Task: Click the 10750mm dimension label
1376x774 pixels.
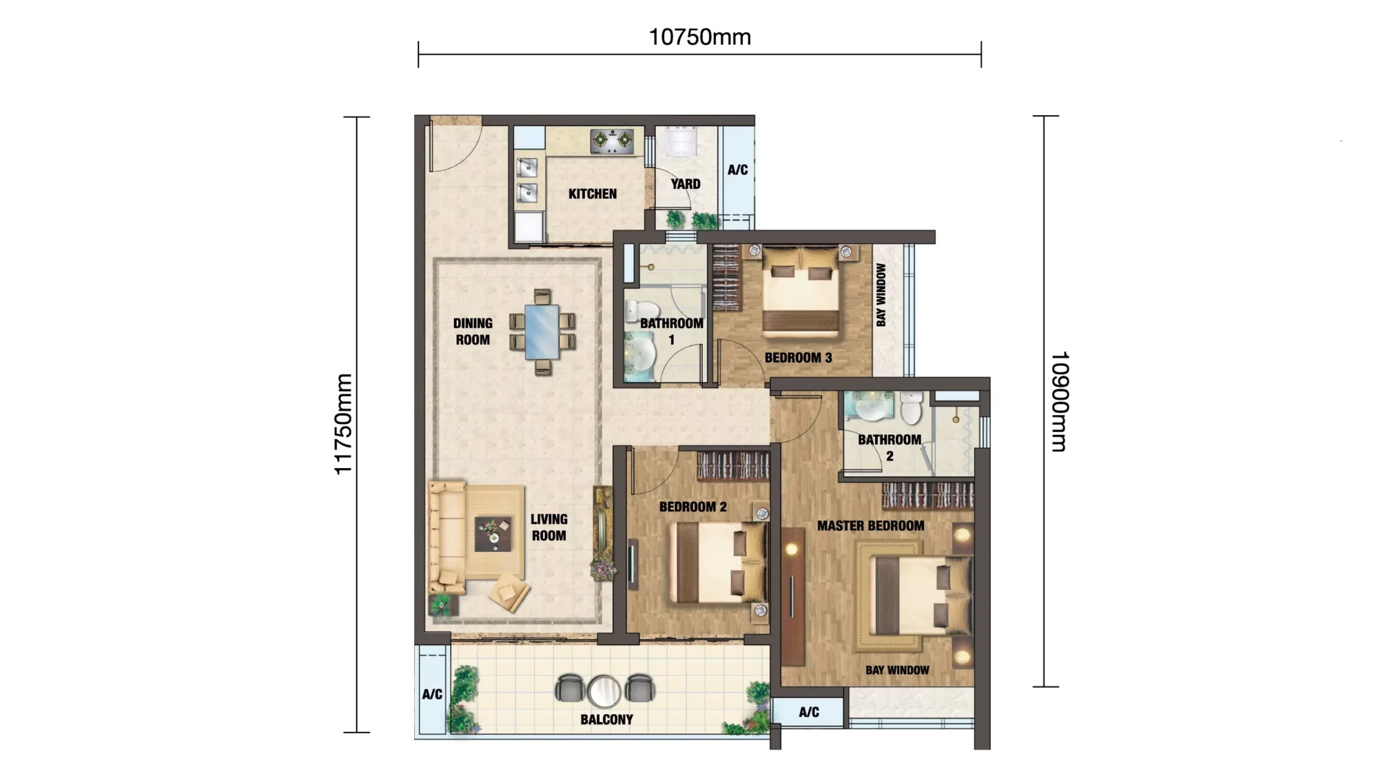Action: point(699,37)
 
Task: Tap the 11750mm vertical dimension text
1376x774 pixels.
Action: point(343,424)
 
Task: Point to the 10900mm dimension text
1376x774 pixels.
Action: point(1059,402)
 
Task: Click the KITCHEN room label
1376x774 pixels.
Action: point(593,194)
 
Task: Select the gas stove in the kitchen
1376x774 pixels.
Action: point(612,141)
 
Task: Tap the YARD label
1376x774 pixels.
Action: point(686,184)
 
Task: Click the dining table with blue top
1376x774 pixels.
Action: point(542,332)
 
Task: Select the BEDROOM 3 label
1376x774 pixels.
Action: point(798,358)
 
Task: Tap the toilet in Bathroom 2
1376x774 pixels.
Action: point(911,408)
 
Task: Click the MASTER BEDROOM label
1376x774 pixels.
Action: point(870,526)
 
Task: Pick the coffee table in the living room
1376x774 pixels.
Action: point(493,534)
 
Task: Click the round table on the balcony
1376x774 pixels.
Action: point(604,691)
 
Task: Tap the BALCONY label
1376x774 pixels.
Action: point(606,720)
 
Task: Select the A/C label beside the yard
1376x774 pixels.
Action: point(737,170)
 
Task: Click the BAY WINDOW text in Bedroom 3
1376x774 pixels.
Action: point(881,295)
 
